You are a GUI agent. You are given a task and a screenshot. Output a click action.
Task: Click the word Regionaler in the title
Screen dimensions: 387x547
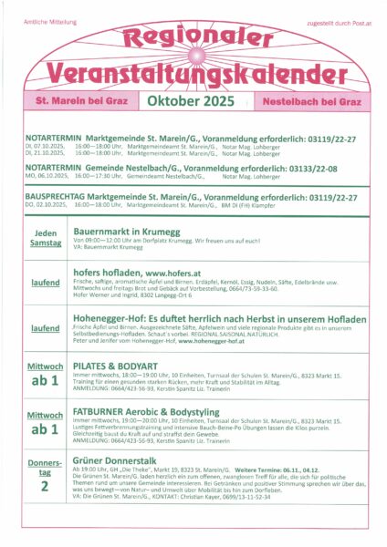pos(193,37)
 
